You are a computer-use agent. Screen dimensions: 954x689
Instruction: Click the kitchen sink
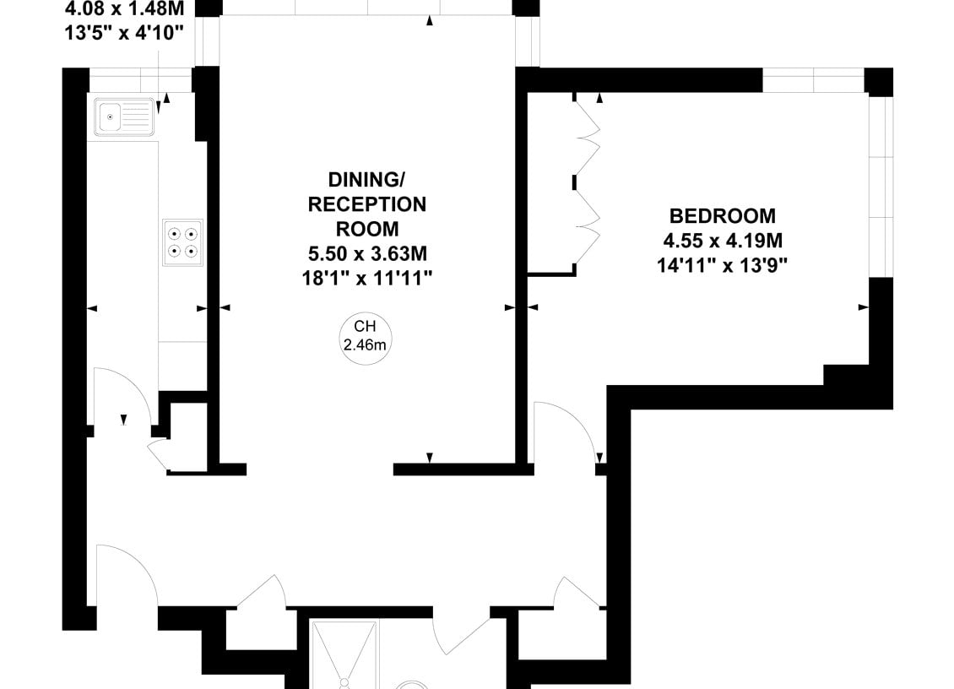click(x=124, y=116)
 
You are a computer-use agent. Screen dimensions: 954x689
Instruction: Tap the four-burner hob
click(x=182, y=242)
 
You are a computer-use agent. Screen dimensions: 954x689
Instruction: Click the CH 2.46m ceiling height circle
click(x=365, y=339)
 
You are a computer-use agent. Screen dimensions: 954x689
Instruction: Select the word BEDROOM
click(x=722, y=216)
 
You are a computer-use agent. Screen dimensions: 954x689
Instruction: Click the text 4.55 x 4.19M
click(x=722, y=241)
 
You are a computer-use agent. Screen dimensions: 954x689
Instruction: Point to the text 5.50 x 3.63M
click(x=367, y=253)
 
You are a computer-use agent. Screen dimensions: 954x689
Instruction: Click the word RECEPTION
click(x=367, y=204)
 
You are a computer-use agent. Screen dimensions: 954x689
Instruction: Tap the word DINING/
click(x=366, y=180)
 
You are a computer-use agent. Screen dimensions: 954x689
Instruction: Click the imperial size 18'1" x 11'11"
click(x=367, y=278)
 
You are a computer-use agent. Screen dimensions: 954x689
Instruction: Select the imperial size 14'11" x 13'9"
click(x=722, y=265)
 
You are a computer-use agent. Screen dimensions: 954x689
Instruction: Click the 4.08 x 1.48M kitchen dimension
click(x=124, y=8)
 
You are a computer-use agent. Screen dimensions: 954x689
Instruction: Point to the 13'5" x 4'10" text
click(x=124, y=33)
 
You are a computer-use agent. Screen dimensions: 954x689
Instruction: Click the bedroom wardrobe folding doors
click(x=587, y=180)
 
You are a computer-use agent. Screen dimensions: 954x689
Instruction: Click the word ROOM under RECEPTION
click(x=367, y=229)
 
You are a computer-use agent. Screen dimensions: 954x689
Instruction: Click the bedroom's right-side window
click(x=881, y=185)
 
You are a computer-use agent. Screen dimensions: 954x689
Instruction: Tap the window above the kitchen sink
click(x=140, y=79)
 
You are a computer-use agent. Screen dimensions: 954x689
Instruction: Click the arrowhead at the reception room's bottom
click(x=430, y=458)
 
